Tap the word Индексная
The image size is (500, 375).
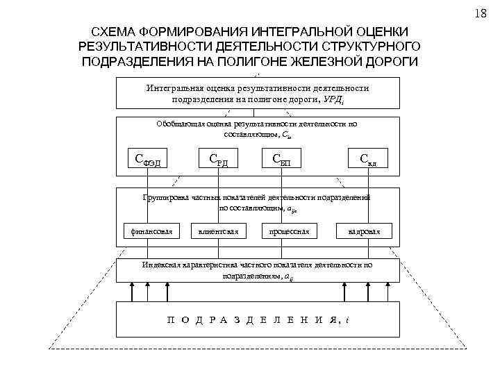click(163, 265)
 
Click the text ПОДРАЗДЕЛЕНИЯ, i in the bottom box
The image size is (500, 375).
click(258, 321)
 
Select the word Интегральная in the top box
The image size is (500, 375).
click(174, 88)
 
